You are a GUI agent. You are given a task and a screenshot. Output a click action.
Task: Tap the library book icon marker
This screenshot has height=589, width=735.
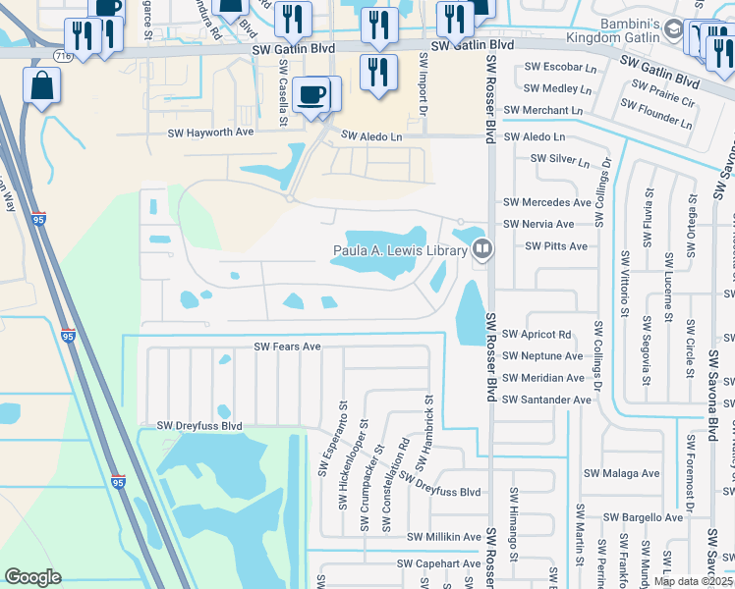[x=481, y=249]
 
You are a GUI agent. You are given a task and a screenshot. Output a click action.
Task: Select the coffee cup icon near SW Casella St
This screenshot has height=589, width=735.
[x=313, y=93]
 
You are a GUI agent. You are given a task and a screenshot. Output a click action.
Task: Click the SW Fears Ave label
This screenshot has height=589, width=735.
[x=288, y=347]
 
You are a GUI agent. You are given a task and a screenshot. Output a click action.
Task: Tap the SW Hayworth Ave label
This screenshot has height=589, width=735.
[x=210, y=132]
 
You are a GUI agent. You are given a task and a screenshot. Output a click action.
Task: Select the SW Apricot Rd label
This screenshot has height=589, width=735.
[x=537, y=335]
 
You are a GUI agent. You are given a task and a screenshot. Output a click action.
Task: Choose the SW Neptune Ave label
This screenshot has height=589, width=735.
[x=542, y=356]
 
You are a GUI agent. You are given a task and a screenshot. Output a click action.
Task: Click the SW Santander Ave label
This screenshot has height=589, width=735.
[x=546, y=400]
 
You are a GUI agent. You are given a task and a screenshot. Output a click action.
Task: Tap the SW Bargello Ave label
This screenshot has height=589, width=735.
[x=643, y=517]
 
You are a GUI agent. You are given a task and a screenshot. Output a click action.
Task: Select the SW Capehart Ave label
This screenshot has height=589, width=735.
[x=438, y=563]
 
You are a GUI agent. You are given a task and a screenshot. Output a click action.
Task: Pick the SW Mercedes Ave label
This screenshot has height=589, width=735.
[x=546, y=202]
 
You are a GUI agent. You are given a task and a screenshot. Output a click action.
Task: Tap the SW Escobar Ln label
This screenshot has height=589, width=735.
[x=560, y=68]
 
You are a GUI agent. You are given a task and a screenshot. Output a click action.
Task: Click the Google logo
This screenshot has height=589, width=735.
[x=32, y=577]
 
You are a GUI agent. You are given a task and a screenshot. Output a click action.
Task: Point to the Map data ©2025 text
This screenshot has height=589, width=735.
[x=694, y=581]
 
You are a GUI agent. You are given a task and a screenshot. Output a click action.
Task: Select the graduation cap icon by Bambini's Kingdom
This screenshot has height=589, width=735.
[x=674, y=30]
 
